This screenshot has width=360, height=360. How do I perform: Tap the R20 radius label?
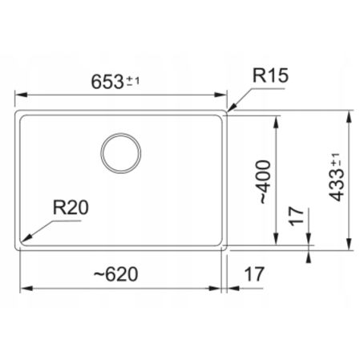click(69, 208)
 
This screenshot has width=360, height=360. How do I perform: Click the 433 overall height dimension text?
click(338, 178)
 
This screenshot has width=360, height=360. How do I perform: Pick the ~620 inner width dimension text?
click(115, 274)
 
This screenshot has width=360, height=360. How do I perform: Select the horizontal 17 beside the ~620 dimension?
click(253, 274)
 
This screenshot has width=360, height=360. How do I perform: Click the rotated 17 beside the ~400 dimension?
click(297, 216)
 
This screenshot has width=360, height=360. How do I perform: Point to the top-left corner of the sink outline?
click(19, 112)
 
